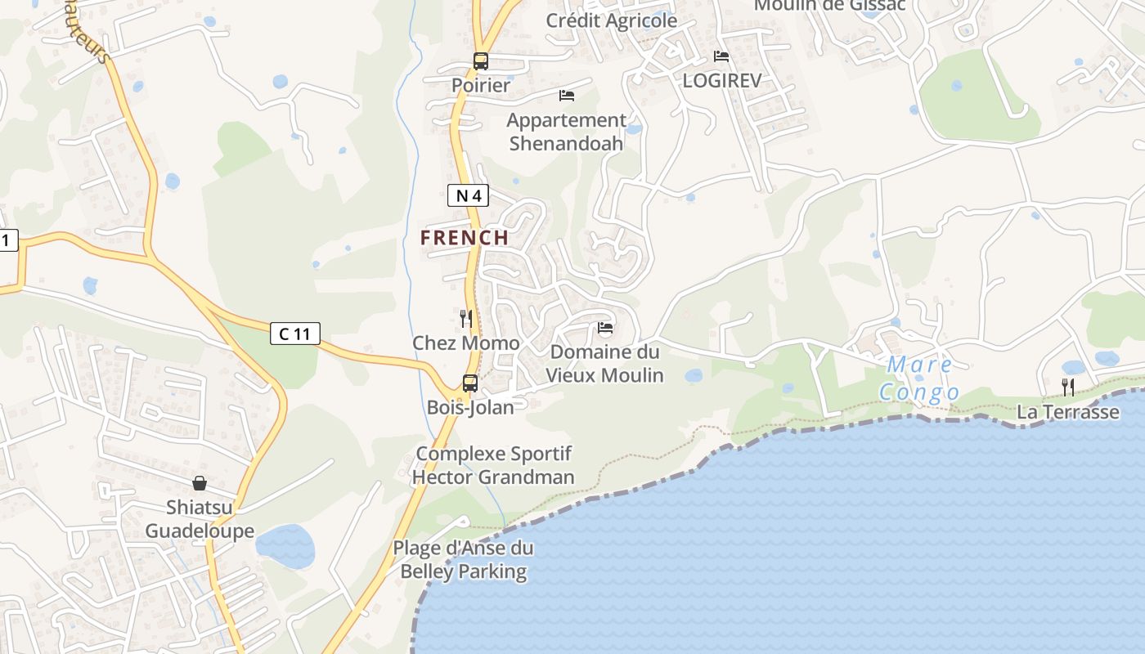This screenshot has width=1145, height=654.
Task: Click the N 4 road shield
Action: coord(469,195)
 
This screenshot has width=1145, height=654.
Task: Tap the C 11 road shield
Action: coord(294,333)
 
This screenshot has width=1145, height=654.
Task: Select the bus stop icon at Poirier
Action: coord(481,61)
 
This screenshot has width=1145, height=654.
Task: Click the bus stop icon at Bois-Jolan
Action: coord(470,383)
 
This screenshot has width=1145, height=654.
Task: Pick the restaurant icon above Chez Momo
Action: coord(466,318)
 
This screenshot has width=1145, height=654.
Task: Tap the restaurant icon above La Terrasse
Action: coord(1068,387)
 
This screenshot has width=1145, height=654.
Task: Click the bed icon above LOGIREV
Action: coord(721,56)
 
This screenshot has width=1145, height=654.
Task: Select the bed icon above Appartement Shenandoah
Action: coord(566,96)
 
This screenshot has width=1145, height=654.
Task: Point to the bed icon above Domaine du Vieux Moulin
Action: coord(605,328)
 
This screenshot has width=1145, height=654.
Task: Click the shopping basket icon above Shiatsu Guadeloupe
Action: coord(200,483)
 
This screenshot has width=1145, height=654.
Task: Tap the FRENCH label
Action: coord(465,238)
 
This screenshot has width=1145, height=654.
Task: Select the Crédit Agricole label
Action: coord(612,20)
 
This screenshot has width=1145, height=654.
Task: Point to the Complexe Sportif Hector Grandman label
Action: coord(493,465)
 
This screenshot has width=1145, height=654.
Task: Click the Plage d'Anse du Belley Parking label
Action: coord(463,560)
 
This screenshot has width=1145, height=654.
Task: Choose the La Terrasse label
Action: coord(1067,412)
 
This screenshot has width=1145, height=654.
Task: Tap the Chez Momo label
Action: coord(465,343)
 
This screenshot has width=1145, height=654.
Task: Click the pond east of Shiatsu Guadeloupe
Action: coord(285,545)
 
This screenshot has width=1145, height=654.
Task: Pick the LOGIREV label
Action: coord(722,80)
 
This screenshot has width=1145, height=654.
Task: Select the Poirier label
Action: coord(481,85)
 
